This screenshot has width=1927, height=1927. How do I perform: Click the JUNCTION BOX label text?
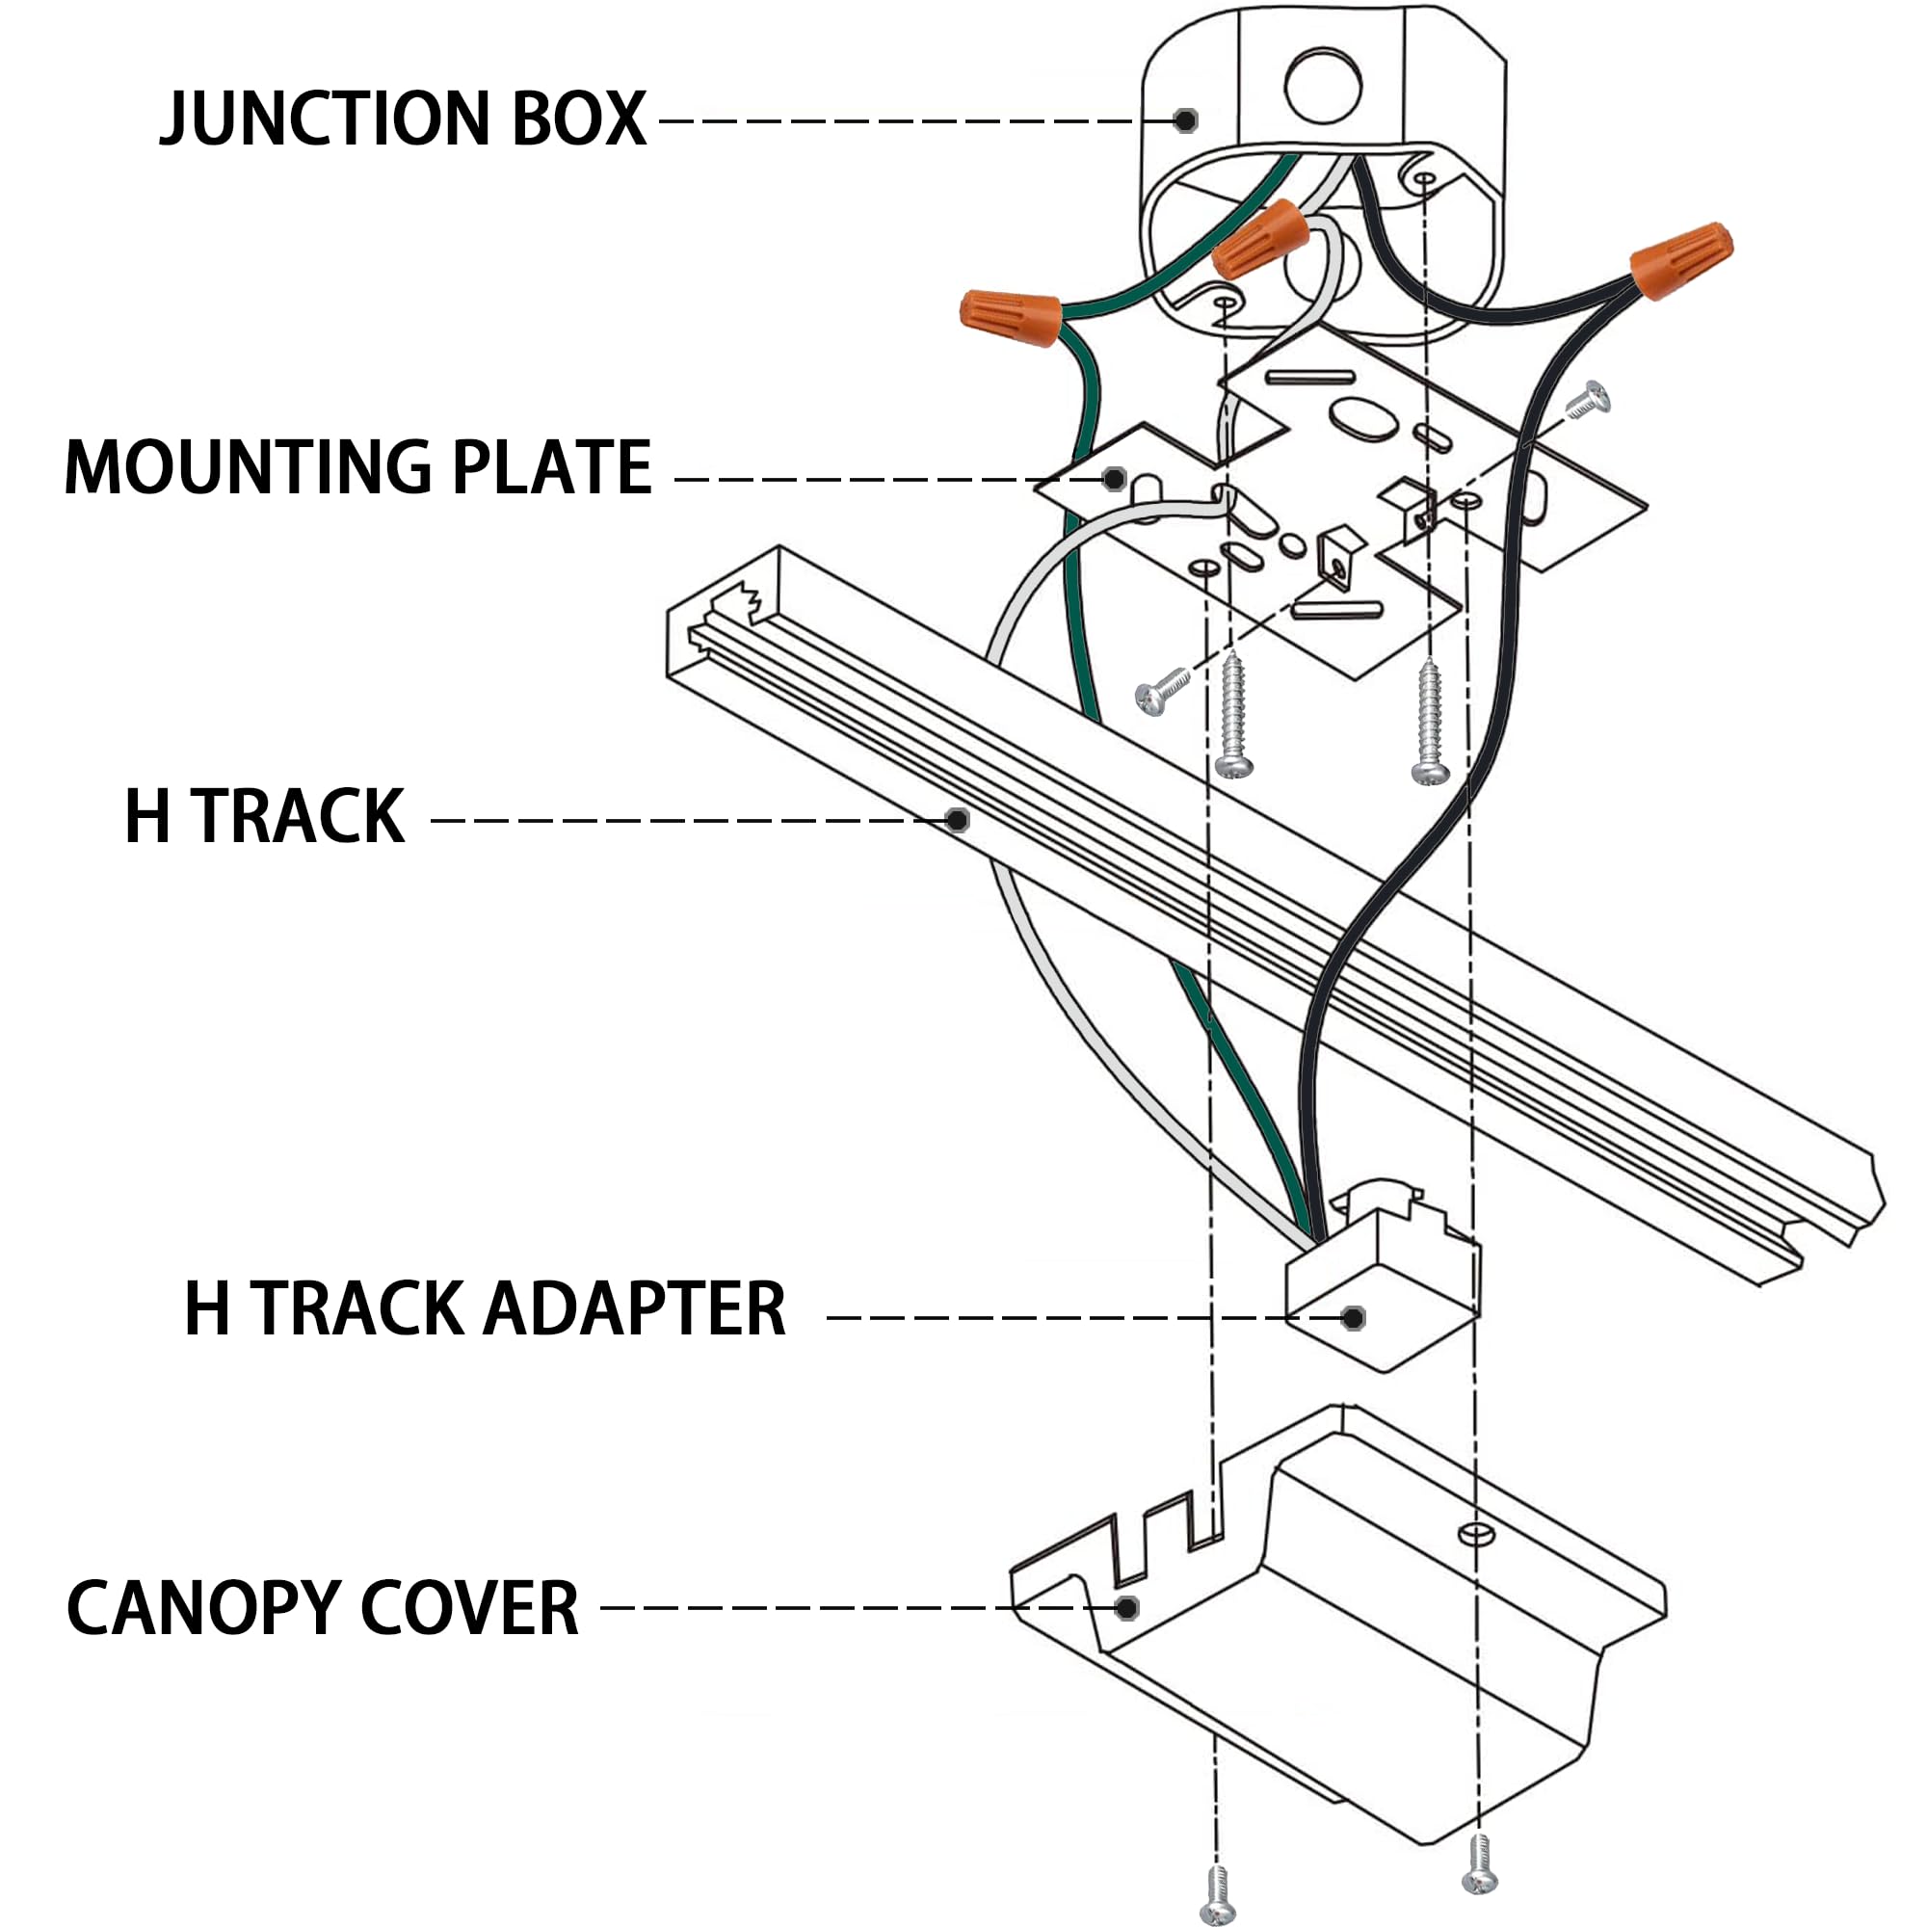[x=403, y=119]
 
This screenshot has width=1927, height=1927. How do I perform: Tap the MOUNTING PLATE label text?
[x=357, y=468]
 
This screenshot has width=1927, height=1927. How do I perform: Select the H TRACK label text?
[x=264, y=818]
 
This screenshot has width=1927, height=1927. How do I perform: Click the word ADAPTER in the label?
[x=634, y=1309]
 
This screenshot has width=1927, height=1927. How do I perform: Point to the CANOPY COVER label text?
[x=322, y=1609]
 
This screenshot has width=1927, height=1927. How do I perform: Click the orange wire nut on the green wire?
[x=1010, y=316]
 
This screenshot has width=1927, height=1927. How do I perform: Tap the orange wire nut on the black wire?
[x=1681, y=259]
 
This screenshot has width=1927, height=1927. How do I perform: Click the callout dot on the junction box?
[x=1185, y=120]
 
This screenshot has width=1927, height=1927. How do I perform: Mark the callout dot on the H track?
[x=958, y=820]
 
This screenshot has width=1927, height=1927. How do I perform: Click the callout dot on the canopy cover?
[x=1127, y=1608]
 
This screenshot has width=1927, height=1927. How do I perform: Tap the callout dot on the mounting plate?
[x=1115, y=479]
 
